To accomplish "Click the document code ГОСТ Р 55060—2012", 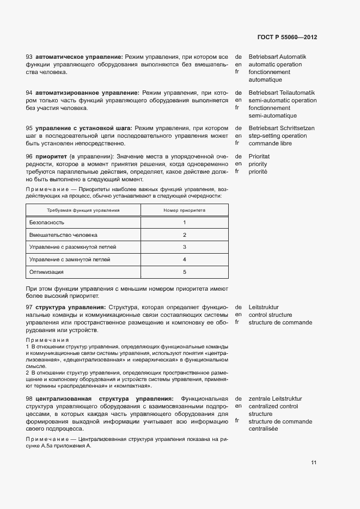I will click(287, 38).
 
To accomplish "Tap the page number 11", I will click(314, 463).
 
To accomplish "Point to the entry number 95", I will click(29, 128).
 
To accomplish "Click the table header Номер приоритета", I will click(184, 210).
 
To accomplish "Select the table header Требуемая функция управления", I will click(83, 210).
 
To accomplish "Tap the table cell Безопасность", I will click(47, 222).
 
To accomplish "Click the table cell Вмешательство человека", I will click(63, 235).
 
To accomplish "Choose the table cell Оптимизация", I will click(46, 272).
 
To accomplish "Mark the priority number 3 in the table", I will click(185, 247).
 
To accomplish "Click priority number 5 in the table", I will click(185, 272).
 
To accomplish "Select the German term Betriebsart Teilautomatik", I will click(282, 93).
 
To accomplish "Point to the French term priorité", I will click(258, 171).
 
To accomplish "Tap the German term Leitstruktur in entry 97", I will click(264, 308).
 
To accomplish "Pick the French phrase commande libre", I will click(270, 144).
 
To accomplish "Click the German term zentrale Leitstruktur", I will click(275, 399).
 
